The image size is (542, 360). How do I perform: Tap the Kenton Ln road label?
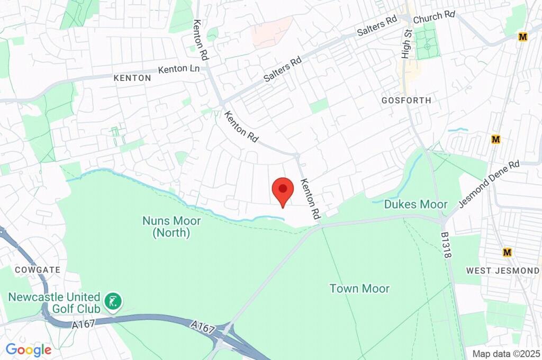[179, 69]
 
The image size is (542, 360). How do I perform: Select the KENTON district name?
[132, 78]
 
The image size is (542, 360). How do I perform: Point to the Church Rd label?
[434, 17]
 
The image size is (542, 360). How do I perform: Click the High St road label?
[406, 44]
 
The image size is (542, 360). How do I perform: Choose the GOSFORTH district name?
[406, 100]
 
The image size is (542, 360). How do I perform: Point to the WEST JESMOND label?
[503, 271]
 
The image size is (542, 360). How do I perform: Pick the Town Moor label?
[359, 289]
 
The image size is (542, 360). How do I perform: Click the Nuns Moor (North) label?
[166, 226]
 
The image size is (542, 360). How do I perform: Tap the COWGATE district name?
[37, 269]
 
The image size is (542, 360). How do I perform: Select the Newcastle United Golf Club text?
[54, 302]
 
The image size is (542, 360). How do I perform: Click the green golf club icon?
[113, 302]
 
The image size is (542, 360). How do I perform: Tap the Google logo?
[28, 349]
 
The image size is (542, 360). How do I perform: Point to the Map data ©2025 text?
[505, 354]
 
